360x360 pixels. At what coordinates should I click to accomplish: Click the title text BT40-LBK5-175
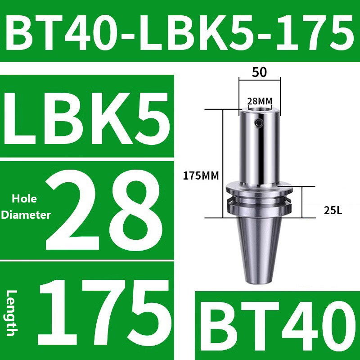pyautogui.click(x=180, y=31)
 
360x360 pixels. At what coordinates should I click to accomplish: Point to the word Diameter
pyautogui.click(x=26, y=215)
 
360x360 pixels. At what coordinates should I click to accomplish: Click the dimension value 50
pyautogui.click(x=260, y=72)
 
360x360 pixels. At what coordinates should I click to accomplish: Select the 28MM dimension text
pyautogui.click(x=260, y=100)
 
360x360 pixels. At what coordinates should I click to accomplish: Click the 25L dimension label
pyautogui.click(x=333, y=210)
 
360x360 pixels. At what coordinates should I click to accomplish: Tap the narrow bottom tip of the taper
pyautogui.click(x=260, y=281)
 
